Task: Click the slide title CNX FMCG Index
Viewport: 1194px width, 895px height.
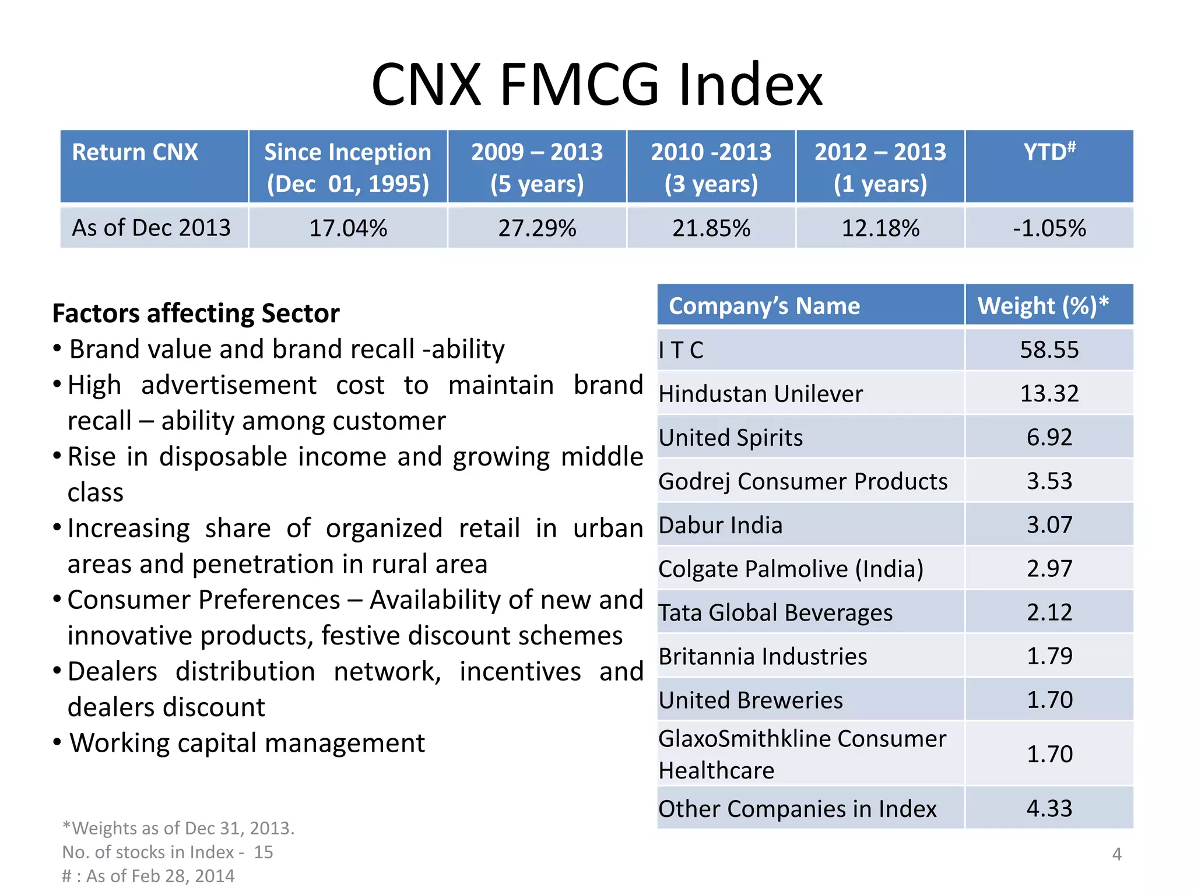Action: [x=596, y=85]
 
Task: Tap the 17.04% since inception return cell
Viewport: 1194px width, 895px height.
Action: [x=348, y=228]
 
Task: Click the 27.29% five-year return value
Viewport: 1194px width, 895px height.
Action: [x=537, y=228]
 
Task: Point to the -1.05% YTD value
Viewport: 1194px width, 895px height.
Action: [x=1049, y=228]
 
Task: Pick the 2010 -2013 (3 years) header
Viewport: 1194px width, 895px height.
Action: [x=711, y=167]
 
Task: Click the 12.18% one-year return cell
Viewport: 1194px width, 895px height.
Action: [x=880, y=228]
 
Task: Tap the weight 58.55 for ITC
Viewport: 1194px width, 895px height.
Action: [x=1049, y=350]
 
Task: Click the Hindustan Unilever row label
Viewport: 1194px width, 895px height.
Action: [x=760, y=394]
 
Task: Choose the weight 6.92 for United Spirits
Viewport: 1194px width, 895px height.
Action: [x=1049, y=437]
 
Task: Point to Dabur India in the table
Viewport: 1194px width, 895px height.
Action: [x=721, y=525]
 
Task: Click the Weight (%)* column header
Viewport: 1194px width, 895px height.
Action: [x=1042, y=306]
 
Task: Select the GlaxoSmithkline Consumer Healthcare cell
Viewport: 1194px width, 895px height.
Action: [x=802, y=754]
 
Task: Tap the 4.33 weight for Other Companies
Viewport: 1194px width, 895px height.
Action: [x=1049, y=808]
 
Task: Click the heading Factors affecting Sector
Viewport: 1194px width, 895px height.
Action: [x=196, y=313]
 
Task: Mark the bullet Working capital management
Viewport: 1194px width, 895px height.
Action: [x=247, y=743]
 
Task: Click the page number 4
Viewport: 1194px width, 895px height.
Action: [x=1116, y=854]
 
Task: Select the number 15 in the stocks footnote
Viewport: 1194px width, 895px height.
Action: [x=264, y=852]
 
